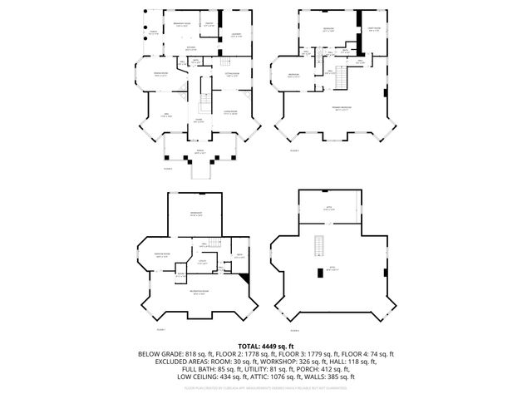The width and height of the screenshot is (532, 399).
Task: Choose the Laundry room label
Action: point(236,34)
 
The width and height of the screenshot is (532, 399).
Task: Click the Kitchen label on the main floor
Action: point(190,49)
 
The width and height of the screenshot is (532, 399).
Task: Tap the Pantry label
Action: point(210,25)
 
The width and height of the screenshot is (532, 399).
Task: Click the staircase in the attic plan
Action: point(317,246)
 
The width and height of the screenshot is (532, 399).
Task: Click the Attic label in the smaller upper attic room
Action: point(328,209)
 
